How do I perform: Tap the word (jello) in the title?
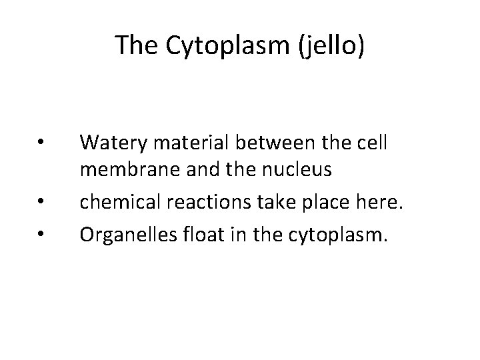click(x=333, y=45)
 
